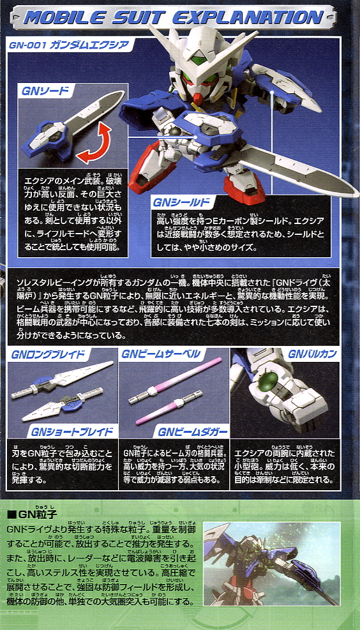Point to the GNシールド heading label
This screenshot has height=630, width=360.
click(181, 202)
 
